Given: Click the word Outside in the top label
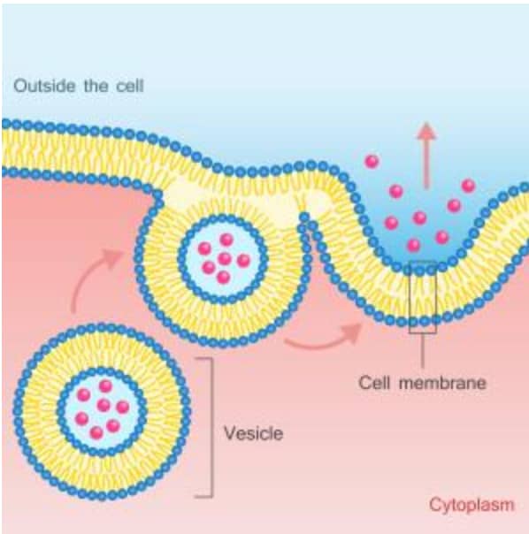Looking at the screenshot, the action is pyautogui.click(x=44, y=86).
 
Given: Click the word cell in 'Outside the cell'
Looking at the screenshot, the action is pyautogui.click(x=130, y=86).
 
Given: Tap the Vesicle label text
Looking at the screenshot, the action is pyautogui.click(x=254, y=433).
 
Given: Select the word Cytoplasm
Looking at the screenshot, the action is pyautogui.click(x=471, y=505).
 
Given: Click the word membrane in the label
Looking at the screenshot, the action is pyautogui.click(x=442, y=383).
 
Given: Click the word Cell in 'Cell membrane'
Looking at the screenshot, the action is pyautogui.click(x=374, y=383).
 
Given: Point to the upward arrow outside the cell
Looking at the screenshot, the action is pyautogui.click(x=426, y=155).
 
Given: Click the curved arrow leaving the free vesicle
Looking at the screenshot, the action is pyautogui.click(x=89, y=272).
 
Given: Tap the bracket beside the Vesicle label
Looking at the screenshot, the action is pyautogui.click(x=212, y=428).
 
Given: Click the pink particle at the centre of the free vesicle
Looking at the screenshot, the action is pyautogui.click(x=103, y=405).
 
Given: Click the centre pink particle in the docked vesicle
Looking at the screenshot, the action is pyautogui.click(x=225, y=258).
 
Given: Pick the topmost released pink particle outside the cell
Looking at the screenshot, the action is pyautogui.click(x=372, y=161).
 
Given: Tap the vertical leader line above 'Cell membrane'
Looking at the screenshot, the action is pyautogui.click(x=423, y=350).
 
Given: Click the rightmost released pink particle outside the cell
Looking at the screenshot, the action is pyautogui.click(x=468, y=186).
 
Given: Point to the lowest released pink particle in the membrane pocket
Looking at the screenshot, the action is pyautogui.click(x=413, y=245).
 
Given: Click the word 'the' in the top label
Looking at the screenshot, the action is pyautogui.click(x=96, y=86).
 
